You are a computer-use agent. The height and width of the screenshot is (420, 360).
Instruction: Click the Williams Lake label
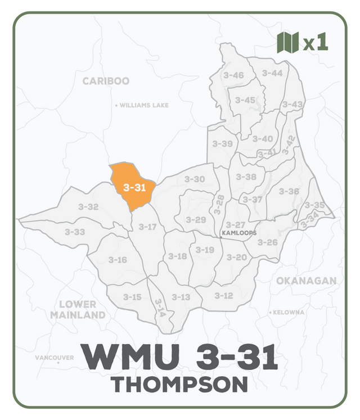click(144, 105)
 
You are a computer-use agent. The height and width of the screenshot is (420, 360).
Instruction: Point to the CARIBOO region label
click(106, 81)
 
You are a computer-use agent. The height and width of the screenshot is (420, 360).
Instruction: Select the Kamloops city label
click(239, 233)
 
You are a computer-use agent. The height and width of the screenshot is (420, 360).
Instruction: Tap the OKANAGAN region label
click(306, 281)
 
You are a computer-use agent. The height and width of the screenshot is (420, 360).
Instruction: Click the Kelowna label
click(289, 312)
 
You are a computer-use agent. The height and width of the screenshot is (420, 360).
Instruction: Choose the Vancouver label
click(54, 358)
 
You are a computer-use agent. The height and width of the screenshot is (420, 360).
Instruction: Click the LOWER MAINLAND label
click(78, 309)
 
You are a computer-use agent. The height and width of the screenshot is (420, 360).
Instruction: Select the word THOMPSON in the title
click(179, 385)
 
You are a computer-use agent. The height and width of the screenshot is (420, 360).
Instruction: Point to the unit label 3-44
click(272, 73)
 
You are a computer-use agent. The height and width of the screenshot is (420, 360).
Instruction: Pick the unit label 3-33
click(75, 232)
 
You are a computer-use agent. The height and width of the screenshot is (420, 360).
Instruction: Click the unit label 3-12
click(223, 296)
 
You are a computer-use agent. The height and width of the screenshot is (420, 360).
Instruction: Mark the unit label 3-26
click(268, 242)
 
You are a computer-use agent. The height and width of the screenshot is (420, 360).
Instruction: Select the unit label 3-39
click(222, 144)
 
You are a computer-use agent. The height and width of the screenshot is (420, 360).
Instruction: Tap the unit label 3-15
click(132, 297)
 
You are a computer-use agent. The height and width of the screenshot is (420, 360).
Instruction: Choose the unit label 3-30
click(195, 179)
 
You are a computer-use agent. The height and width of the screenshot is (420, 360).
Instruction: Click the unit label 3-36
click(289, 191)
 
